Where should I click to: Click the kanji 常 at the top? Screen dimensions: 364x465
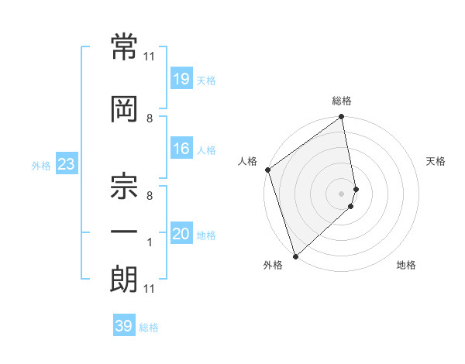[x=124, y=48]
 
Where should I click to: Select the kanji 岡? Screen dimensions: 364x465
[x=124, y=109]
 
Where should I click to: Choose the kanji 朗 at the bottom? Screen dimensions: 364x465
[x=124, y=280]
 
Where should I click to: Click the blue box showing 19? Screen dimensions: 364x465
[x=181, y=79]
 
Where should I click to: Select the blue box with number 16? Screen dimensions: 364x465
[x=181, y=149]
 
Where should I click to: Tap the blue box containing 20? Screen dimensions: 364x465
[x=181, y=234]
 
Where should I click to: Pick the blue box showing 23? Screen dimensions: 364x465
[x=66, y=164]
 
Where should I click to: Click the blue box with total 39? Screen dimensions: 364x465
[x=123, y=326]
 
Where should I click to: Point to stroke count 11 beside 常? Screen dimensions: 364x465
[x=150, y=57]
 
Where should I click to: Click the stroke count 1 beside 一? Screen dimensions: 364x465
[x=150, y=242]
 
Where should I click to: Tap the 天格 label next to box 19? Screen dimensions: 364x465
[x=206, y=81]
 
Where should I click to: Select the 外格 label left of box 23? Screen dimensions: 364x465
[x=41, y=165]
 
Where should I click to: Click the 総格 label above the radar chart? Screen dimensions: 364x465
[x=342, y=101]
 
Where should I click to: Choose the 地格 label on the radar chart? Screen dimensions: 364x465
[x=406, y=266]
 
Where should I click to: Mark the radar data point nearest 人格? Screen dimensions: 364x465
[x=267, y=170]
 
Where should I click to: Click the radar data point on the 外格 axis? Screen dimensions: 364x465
[x=294, y=256]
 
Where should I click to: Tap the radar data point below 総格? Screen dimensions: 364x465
[x=341, y=118]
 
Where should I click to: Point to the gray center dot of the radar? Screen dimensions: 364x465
[x=341, y=193]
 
